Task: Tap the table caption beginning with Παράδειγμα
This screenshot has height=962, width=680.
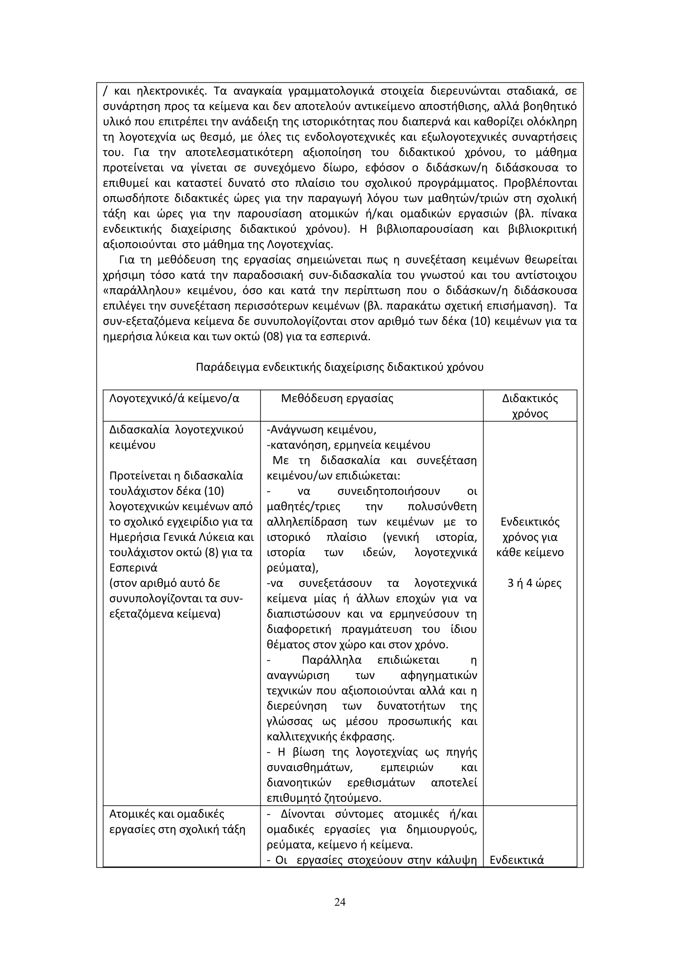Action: pos(340,367)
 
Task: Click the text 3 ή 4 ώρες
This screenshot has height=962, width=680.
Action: pos(534,583)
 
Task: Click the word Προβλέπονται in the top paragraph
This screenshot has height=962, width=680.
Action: pos(540,183)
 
